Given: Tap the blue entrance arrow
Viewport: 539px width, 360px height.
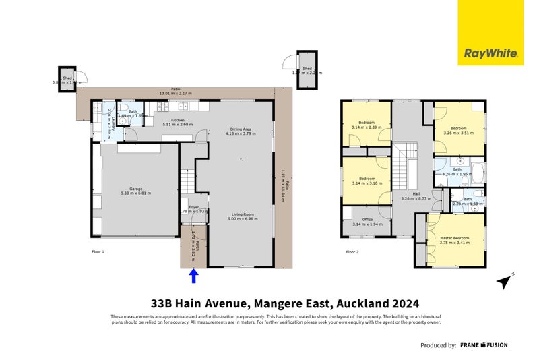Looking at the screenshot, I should tap(194, 275).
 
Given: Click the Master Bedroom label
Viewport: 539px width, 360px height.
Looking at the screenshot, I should tap(455, 238).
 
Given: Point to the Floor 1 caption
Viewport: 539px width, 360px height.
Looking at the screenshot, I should tap(98, 252).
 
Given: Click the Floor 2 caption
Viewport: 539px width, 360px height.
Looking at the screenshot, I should tap(352, 252).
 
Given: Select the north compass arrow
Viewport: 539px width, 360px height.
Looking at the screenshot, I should tap(504, 280).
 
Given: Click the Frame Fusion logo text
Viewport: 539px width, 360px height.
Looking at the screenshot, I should tap(484, 345).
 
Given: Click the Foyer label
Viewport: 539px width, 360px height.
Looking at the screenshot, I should tap(194, 207).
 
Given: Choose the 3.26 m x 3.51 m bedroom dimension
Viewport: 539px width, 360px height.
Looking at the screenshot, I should tap(458, 133).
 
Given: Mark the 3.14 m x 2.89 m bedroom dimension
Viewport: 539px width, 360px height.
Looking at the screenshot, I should tap(367, 127).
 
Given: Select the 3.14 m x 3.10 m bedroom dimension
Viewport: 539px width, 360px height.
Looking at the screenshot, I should tap(367, 184).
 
